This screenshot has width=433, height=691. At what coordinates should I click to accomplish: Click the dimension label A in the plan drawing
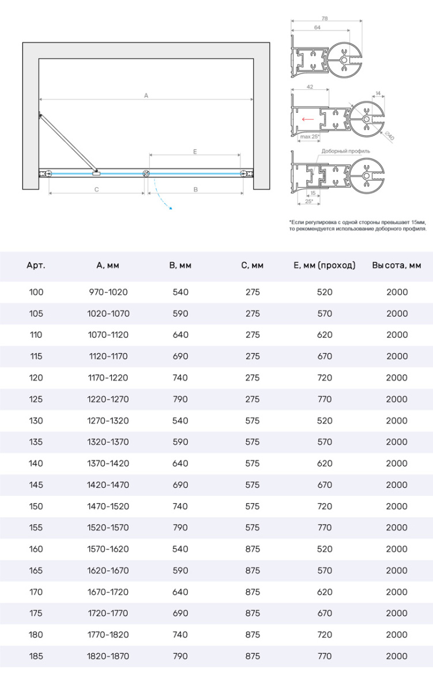146,96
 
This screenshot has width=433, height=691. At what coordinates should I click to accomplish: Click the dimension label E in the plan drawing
195,151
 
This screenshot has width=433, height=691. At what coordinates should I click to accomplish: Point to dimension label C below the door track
96,189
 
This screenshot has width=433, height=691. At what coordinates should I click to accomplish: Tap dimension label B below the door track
195,189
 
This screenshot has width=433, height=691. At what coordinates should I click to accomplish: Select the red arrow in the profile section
307,120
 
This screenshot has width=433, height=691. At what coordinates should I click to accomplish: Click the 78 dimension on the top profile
325,19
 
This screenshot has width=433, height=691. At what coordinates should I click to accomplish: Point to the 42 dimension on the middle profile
310,86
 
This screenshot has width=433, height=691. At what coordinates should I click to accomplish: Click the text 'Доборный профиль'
345,151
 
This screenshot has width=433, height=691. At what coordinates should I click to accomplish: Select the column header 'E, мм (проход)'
325,265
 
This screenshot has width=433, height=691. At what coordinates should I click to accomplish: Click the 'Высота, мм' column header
397,265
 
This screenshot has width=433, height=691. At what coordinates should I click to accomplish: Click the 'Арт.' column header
36,265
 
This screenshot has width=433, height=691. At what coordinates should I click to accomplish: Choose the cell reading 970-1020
108,292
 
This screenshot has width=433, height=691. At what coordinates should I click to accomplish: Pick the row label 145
36,485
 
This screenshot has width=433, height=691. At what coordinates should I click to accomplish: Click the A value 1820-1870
108,656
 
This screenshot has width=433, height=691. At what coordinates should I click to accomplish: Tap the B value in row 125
180,399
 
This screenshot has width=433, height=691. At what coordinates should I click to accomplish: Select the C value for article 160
253,549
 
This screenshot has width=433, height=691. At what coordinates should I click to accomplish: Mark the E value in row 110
325,335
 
